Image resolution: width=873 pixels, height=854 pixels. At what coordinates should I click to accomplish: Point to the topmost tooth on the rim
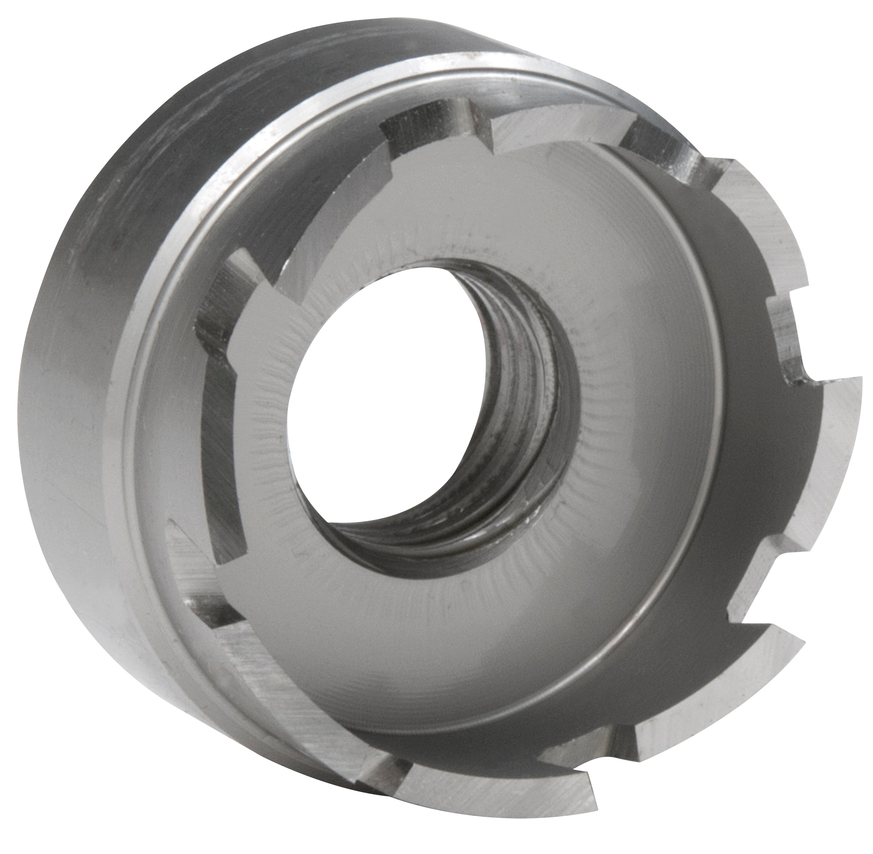pyautogui.click(x=560, y=130)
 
